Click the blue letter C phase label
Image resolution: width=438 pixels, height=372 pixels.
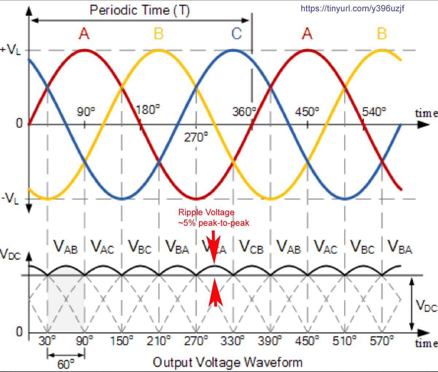[x=236, y=34]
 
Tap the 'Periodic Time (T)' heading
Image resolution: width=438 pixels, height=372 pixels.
[x=140, y=10]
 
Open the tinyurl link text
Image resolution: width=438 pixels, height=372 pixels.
[x=352, y=8]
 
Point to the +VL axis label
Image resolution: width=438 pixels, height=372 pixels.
[x=11, y=50]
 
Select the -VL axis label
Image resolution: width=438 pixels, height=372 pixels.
[x=11, y=199]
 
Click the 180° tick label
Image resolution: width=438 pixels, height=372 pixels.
[x=148, y=109]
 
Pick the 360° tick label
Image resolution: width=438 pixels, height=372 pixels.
[x=244, y=112]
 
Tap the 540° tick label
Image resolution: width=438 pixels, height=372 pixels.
[x=374, y=112]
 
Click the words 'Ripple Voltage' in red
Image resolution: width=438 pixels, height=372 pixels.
[x=206, y=212]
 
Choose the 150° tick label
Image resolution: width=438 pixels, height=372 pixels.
[x=122, y=341]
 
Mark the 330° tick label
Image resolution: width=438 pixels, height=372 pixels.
[x=232, y=341]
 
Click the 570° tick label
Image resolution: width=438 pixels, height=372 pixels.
[x=382, y=341]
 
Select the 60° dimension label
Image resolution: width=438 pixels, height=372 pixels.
[x=66, y=364]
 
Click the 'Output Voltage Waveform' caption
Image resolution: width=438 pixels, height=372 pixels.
[x=227, y=363]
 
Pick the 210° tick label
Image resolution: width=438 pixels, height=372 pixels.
[x=159, y=341]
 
